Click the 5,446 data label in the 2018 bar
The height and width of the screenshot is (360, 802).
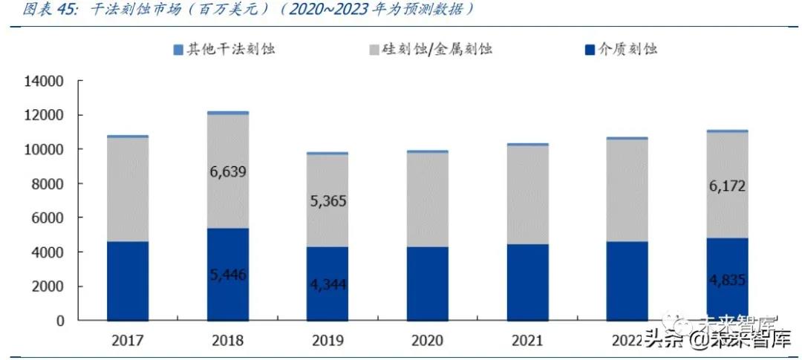point(228,275)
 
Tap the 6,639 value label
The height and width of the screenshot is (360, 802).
point(228,172)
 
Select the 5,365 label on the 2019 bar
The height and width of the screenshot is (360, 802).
point(327,201)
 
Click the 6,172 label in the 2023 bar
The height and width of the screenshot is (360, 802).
point(726,186)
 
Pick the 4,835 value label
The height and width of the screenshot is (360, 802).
point(726,281)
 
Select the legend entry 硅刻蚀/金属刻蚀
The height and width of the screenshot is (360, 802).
point(437,50)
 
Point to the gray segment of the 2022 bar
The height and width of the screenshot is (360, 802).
point(627,190)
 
